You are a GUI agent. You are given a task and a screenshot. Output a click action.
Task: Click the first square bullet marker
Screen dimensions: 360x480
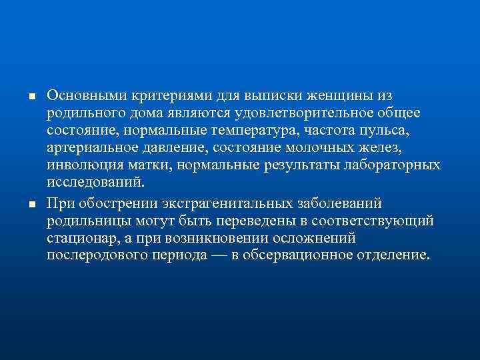[x=31, y=97]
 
